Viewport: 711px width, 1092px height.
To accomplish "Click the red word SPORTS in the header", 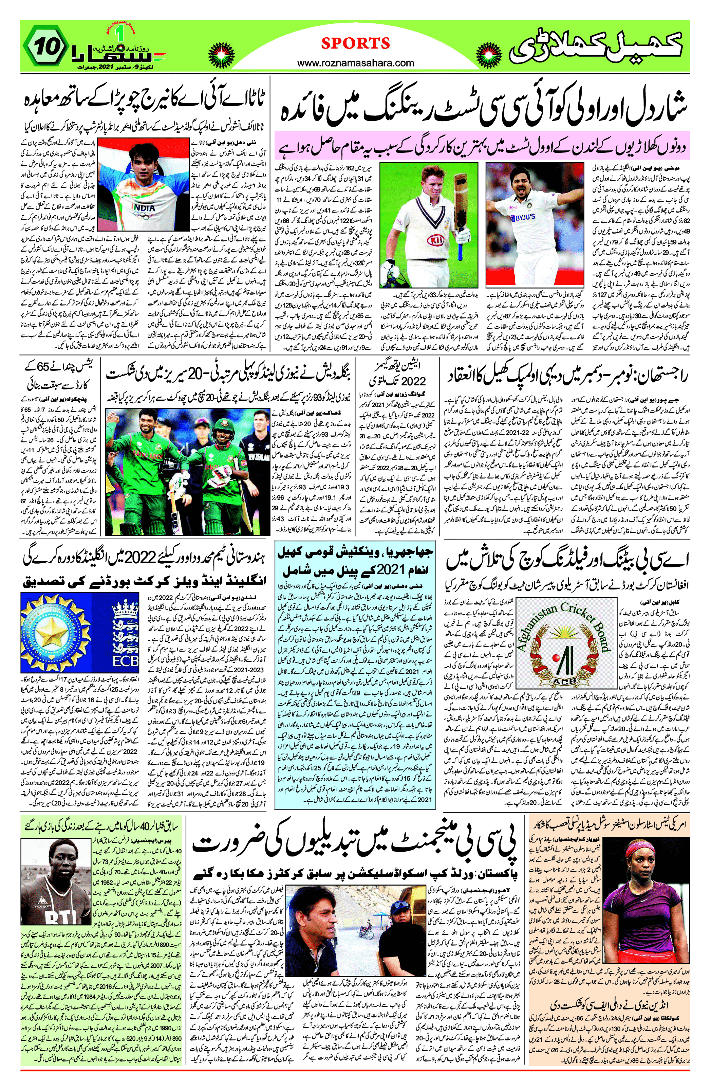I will (x=356, y=43).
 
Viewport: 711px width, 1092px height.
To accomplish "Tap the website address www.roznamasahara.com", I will (x=356, y=63).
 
